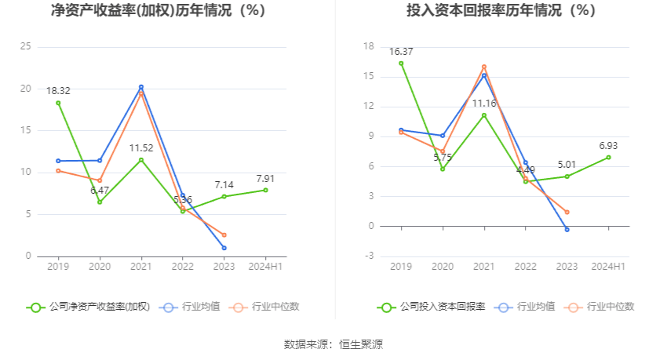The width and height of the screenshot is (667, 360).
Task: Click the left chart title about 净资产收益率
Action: pyautogui.click(x=158, y=11)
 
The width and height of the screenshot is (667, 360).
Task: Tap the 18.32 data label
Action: pyautogui.click(x=58, y=91)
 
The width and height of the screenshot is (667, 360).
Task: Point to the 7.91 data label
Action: pyautogui.click(x=266, y=178)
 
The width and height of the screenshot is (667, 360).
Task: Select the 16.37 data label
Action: pyautogui.click(x=401, y=52)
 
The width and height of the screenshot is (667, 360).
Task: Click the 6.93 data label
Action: pyautogui.click(x=609, y=145)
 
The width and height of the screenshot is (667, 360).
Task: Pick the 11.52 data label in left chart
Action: pyautogui.click(x=141, y=147)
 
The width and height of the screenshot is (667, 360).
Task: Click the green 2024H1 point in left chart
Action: pyautogui.click(x=266, y=190)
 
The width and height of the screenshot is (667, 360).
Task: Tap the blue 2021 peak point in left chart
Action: pyautogui.click(x=141, y=87)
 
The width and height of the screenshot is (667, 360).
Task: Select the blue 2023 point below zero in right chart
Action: pyautogui.click(x=567, y=229)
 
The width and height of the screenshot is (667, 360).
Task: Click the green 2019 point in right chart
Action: pyautogui.click(x=401, y=64)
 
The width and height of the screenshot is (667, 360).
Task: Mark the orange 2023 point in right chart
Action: pyautogui.click(x=567, y=212)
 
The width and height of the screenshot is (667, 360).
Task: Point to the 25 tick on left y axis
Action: pyautogui.click(x=25, y=46)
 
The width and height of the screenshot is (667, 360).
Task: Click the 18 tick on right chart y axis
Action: pyautogui.click(x=368, y=46)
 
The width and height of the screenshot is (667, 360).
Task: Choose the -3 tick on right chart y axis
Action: pyautogui.click(x=368, y=256)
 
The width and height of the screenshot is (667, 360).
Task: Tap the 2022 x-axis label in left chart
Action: pyautogui.click(x=183, y=267)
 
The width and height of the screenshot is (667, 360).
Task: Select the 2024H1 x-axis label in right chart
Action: pyautogui.click(x=609, y=267)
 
